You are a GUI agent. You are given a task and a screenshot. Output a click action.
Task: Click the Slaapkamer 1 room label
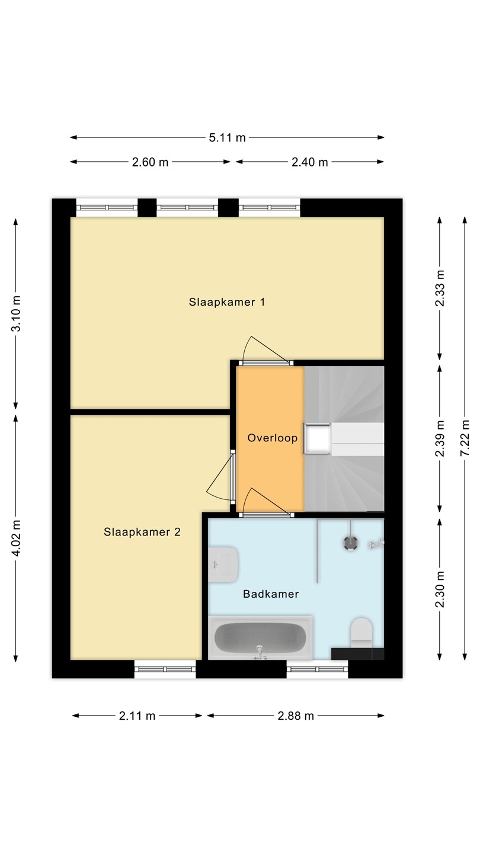[x=226, y=302]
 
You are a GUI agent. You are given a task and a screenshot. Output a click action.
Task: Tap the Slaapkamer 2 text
[x=142, y=532]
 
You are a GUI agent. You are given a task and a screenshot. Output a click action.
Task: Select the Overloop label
[x=273, y=438]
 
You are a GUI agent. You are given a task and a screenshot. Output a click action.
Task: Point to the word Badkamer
[x=271, y=594]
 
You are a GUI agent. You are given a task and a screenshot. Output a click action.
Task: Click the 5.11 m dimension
[x=227, y=137]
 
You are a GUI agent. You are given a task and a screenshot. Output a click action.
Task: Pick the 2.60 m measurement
[x=150, y=162]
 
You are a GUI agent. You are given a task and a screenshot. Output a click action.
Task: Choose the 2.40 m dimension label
[x=310, y=162]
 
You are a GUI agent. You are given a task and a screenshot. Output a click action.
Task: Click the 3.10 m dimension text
[x=16, y=313]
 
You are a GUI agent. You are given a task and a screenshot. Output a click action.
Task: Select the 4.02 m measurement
[x=16, y=538]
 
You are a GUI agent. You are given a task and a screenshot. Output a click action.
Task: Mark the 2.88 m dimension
[x=296, y=716]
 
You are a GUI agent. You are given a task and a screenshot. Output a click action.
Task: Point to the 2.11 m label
[x=137, y=716]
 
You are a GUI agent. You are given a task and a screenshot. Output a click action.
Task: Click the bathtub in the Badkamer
[x=261, y=638]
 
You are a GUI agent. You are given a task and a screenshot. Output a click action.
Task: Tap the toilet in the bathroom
[x=361, y=633]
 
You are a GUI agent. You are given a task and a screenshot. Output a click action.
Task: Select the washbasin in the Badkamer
[x=223, y=565]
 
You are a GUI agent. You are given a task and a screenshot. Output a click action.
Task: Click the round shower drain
[x=350, y=543]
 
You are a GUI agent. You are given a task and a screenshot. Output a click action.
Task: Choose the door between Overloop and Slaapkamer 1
[x=266, y=351]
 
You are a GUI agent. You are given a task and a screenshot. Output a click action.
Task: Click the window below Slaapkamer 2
[x=165, y=669]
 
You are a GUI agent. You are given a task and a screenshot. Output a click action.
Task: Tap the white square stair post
[x=317, y=439]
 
